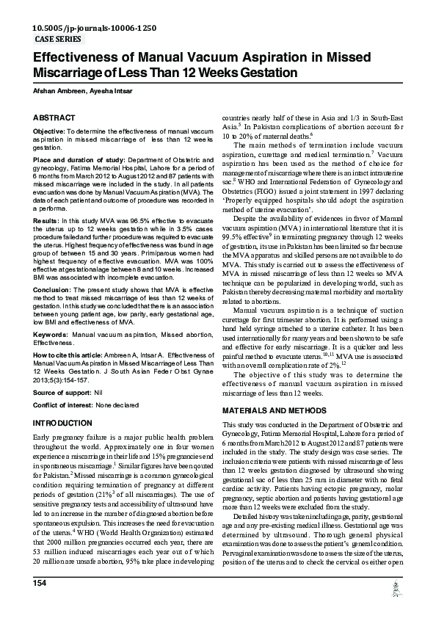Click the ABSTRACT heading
click(x=54, y=117)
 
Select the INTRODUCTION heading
click(x=63, y=424)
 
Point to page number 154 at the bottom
click(x=40, y=603)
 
